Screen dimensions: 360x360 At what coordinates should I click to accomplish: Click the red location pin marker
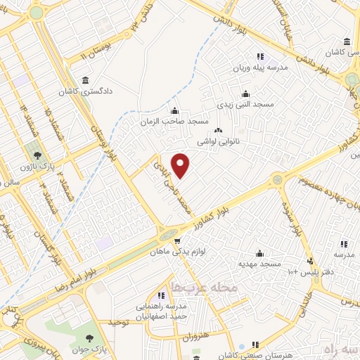pos(181,165)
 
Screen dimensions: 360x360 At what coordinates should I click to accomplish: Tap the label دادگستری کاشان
pos(86,91)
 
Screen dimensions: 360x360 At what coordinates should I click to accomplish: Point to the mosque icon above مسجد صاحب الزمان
pos(174,110)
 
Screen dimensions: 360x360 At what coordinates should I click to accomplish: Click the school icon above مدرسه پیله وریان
pos(259,56)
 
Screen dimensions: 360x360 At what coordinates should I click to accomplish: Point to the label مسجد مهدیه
pos(259,264)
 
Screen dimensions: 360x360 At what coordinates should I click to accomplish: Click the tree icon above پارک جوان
pos(89,333)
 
